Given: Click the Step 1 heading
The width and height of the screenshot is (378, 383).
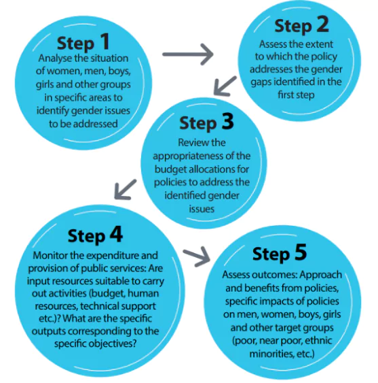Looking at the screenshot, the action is click(83, 42).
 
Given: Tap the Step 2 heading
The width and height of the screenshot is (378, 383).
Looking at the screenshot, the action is click(301, 26).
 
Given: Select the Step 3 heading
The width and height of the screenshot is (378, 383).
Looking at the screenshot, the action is click(206, 122).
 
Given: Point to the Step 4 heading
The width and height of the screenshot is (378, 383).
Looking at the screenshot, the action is click(95, 235).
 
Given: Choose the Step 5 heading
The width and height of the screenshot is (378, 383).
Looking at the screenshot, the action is click(280, 254).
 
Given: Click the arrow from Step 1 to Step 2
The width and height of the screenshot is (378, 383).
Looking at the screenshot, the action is click(188, 54).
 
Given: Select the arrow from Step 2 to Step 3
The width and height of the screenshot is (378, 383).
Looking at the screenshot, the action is click(225, 86).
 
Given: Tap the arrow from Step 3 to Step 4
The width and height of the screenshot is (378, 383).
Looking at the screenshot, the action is click(126, 189).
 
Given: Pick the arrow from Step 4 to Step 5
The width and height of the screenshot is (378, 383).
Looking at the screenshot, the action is click(196, 256).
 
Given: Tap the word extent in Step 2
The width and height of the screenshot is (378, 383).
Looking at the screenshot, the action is click(320, 44).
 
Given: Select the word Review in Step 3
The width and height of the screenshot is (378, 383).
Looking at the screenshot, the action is click(190, 142).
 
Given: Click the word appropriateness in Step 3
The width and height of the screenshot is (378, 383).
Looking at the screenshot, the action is click(185, 156).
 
